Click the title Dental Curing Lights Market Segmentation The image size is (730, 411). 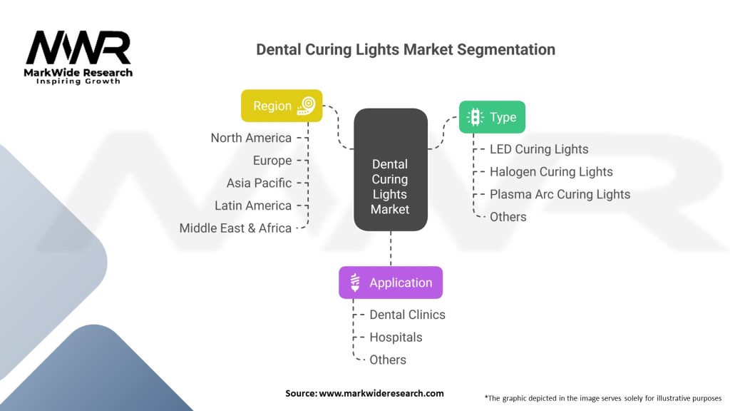coord(406,50)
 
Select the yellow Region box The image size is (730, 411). coord(282,106)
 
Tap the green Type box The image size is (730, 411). coord(492,117)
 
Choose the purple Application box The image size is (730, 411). coord(390,283)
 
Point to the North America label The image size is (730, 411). coord(251,138)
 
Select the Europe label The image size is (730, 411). coord(272,161)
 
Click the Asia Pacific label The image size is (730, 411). coord(259,183)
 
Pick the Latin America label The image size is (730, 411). coord(253,205)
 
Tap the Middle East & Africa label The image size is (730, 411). coord(235,228)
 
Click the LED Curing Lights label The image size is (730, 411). coord(539,149)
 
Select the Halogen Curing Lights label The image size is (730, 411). coord(551,171)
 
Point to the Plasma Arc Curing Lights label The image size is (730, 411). coord(560,194)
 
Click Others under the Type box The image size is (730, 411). coord(508,217)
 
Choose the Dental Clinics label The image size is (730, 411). coord(407,315)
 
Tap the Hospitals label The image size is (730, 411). coord(396,338)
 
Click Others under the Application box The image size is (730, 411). coord(388,360)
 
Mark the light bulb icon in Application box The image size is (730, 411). coord(355,283)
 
